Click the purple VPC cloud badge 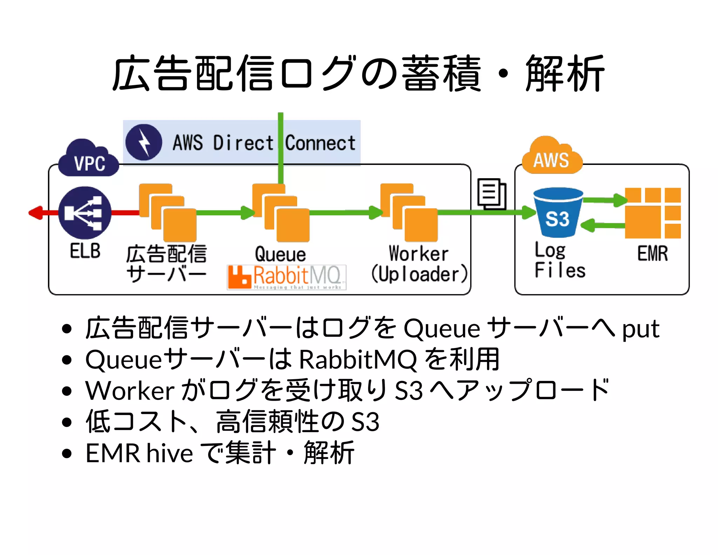pos(89,160)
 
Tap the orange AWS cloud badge pos(551,157)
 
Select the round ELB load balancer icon pos(84,213)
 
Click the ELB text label pos(85,251)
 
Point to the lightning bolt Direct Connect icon pos(144,142)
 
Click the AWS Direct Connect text pos(264,143)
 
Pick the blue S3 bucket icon pos(557,213)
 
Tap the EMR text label pos(652,254)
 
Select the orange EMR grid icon pos(652,213)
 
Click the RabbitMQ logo pos(286,277)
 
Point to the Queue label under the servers pos(280,254)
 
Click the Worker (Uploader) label pos(419,264)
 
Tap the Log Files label pos(559,260)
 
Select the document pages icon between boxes pos(491,194)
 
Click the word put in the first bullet pos(640,329)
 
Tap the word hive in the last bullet pos(169,453)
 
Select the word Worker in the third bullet pos(130,390)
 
